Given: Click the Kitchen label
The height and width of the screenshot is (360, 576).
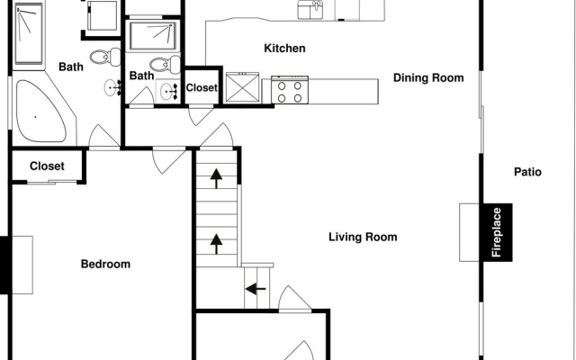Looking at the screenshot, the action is [284, 48].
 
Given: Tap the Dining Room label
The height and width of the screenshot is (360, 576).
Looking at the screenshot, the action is [428, 78].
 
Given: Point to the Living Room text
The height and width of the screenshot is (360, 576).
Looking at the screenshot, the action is [363, 237].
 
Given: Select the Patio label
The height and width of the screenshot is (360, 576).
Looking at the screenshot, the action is [527, 172].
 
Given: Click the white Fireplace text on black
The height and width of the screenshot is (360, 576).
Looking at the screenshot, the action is [496, 232].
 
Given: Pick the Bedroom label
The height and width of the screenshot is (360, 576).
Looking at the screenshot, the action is [105, 264].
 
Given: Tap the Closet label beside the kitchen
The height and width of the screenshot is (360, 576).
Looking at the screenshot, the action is [202, 88].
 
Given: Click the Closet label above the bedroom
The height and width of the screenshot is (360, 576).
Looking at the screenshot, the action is [47, 166].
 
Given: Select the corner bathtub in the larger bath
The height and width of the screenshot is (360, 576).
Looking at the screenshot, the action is [41, 111].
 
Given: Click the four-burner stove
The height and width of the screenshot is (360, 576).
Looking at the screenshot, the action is [290, 90].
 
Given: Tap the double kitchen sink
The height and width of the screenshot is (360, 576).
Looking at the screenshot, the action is [310, 10].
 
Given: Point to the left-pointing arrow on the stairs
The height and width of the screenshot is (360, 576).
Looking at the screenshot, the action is [256, 289].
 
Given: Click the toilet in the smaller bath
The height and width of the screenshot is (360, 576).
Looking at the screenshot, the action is [165, 65].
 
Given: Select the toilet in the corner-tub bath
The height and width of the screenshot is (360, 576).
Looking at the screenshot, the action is [105, 58].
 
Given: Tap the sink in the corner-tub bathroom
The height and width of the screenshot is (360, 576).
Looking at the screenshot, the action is [113, 88].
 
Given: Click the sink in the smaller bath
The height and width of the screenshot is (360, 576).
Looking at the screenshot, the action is [169, 91].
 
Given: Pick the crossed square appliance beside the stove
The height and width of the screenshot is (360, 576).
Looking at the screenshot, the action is [242, 87].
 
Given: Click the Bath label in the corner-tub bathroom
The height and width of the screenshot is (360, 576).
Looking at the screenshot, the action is [71, 67].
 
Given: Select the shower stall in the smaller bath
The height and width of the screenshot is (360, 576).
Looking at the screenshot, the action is [153, 36].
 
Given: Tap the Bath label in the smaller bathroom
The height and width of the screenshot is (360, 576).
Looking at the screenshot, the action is [142, 76].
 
